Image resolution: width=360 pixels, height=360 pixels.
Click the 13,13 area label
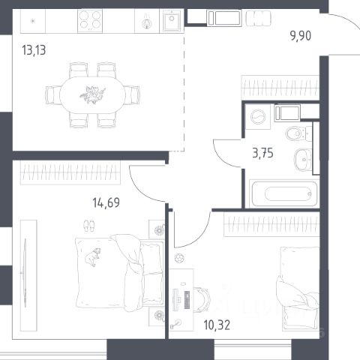[x=34, y=50]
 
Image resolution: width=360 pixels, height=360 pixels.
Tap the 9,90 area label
[x=301, y=36]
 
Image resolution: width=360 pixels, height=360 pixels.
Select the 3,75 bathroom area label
[x=262, y=153]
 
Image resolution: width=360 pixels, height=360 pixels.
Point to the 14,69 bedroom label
[x=106, y=202]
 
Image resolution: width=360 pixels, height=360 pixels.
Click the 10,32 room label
[x=217, y=325]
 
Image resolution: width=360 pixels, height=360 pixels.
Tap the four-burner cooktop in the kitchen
[x=90, y=21]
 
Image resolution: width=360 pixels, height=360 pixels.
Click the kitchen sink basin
[x=172, y=20]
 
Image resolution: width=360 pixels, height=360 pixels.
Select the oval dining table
[x=92, y=95]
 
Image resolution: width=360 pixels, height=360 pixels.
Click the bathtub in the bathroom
[x=284, y=193]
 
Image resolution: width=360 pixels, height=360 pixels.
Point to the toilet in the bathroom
[x=298, y=133]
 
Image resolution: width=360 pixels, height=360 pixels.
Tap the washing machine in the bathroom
[x=258, y=117]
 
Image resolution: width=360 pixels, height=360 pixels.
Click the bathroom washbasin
[x=303, y=159]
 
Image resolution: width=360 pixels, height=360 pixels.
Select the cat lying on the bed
[x=93, y=257]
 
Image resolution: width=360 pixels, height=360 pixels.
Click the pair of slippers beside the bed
[x=89, y=226]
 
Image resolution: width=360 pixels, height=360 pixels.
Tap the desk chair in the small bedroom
[x=202, y=299]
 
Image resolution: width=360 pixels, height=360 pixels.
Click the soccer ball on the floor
[x=179, y=258]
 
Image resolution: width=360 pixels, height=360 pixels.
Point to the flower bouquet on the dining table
[x=92, y=95]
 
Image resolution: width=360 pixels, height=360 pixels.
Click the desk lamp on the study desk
[x=176, y=324]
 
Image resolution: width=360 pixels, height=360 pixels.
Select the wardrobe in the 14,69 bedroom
[x=70, y=172]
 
